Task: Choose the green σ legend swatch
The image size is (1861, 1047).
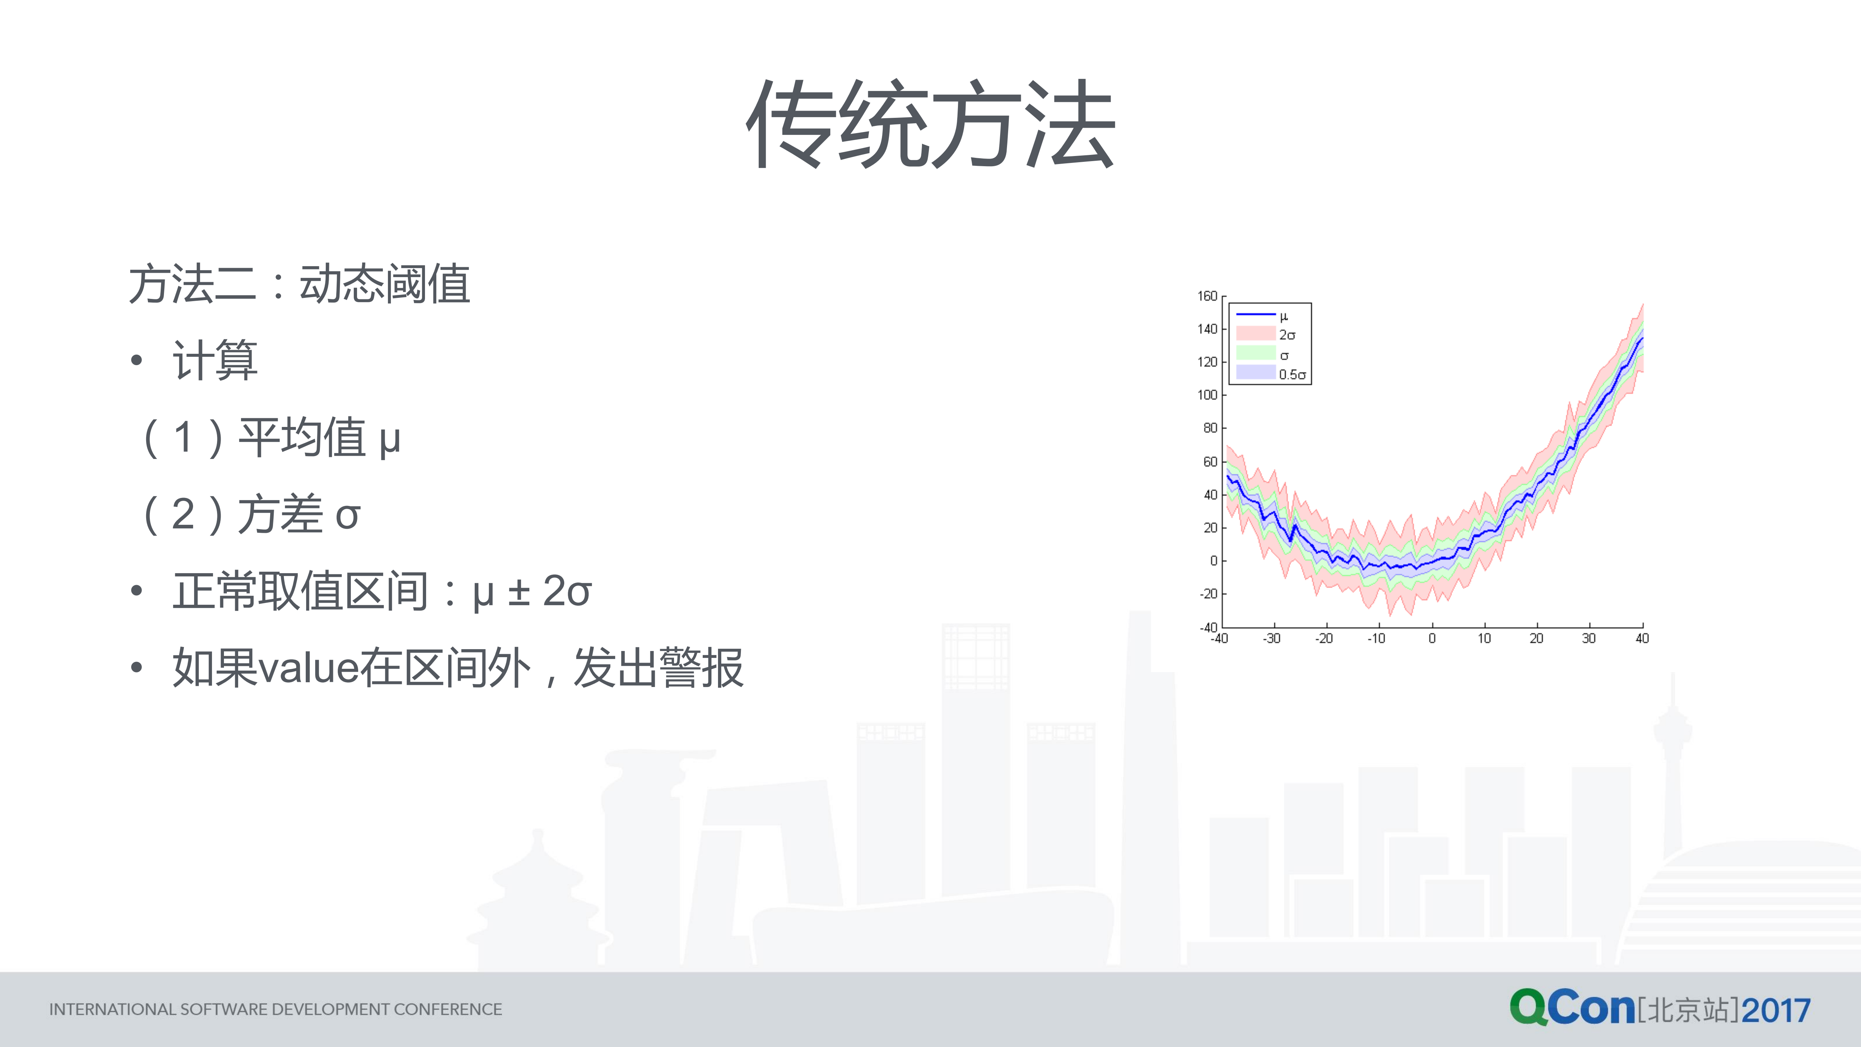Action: coord(1256,353)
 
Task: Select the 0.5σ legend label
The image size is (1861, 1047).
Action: coord(1292,374)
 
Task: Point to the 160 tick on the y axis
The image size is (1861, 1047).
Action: coord(1207,296)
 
